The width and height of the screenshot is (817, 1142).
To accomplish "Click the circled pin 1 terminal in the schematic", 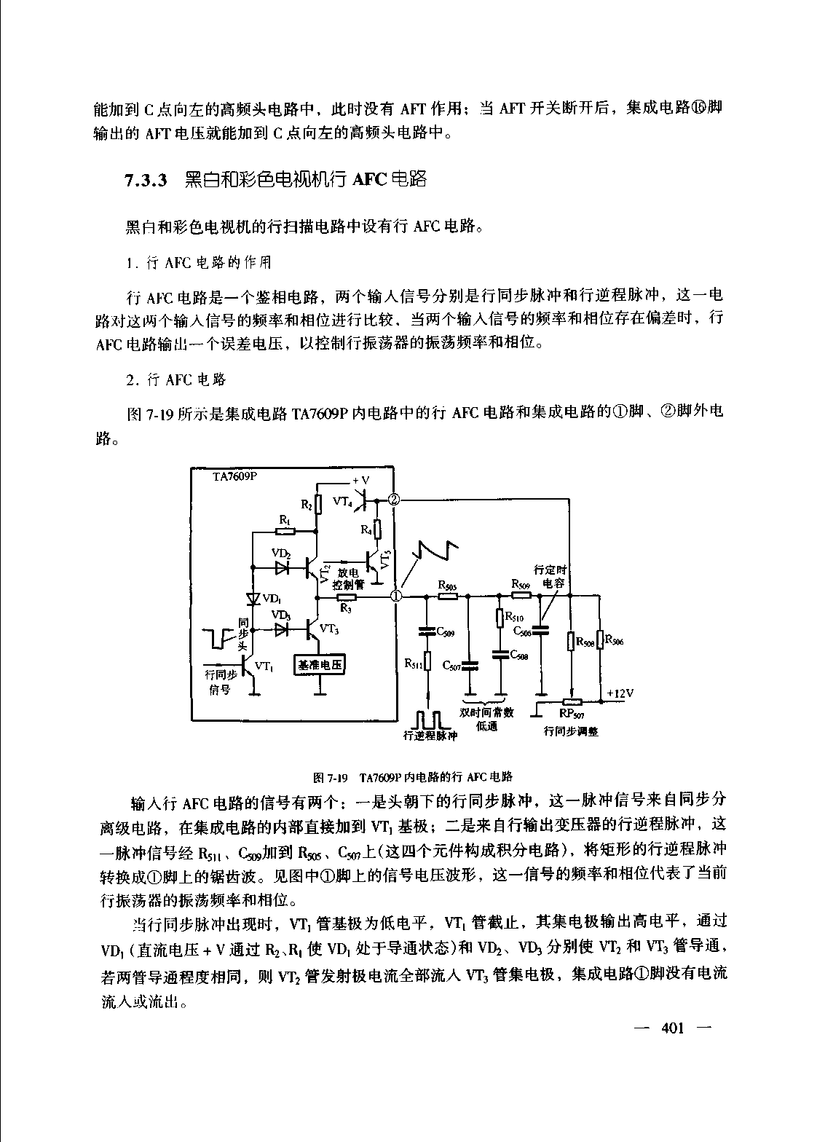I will pyautogui.click(x=397, y=596).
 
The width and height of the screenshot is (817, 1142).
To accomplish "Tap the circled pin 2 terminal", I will pyautogui.click(x=394, y=500).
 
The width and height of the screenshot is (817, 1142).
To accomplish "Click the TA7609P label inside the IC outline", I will pyautogui.click(x=236, y=476).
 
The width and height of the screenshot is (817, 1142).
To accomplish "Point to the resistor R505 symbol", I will pyautogui.click(x=448, y=596).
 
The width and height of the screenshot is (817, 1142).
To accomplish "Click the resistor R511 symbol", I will pyautogui.click(x=427, y=662).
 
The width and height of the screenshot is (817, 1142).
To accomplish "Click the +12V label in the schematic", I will pyautogui.click(x=620, y=693).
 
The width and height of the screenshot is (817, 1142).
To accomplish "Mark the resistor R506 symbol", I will pyautogui.click(x=599, y=640).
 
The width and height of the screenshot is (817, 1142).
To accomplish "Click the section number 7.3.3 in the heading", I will pyautogui.click(x=146, y=180).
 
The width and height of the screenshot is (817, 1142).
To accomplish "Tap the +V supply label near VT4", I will pyautogui.click(x=361, y=481).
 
